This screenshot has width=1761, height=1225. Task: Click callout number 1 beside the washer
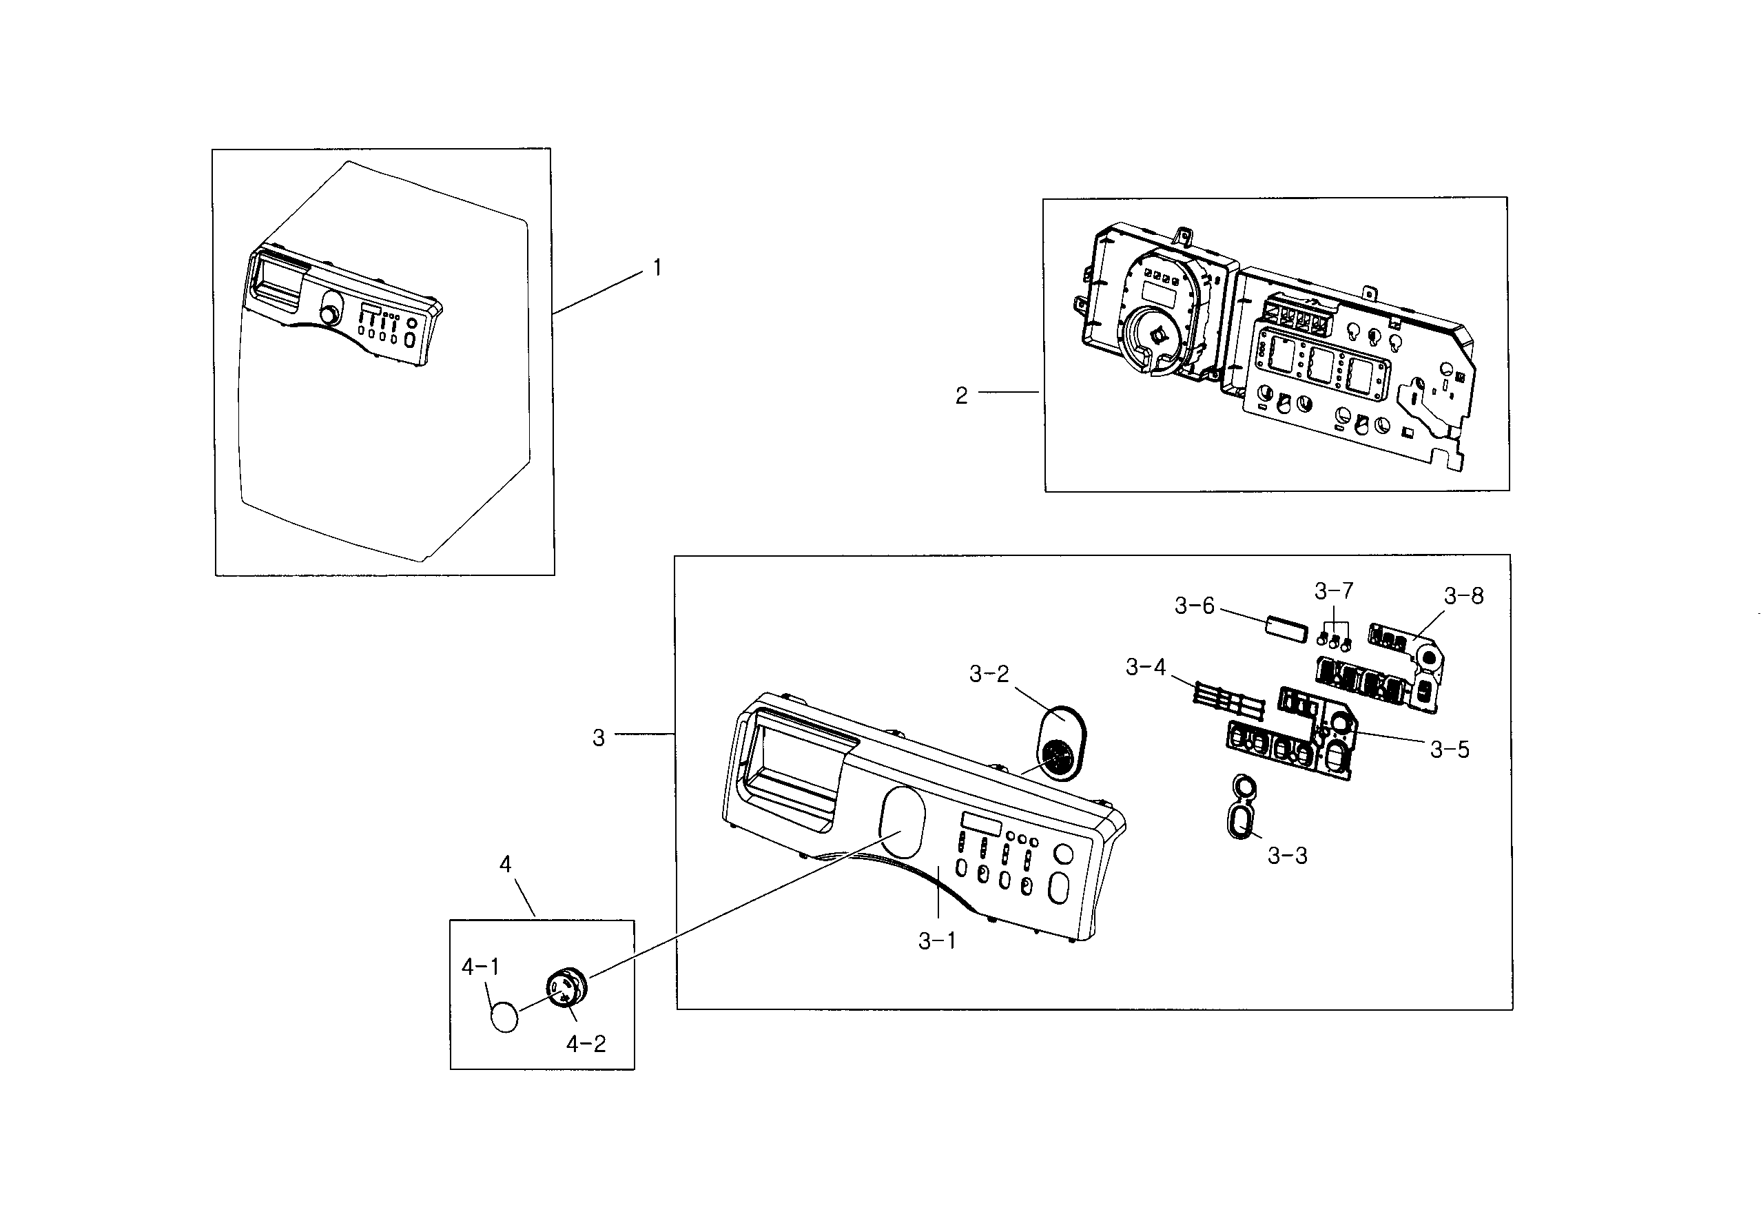(657, 268)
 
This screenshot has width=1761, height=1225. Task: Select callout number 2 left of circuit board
(961, 395)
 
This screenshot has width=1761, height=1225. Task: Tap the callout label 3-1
(936, 941)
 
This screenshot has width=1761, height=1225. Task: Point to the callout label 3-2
(989, 675)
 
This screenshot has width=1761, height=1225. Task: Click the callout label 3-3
(1287, 856)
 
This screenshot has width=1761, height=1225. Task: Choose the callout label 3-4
(1145, 668)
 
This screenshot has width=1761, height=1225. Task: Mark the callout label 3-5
(1449, 750)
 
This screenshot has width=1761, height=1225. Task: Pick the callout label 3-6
(1194, 606)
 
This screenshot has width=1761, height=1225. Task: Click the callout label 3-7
(1334, 590)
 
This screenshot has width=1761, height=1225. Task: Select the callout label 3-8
(1463, 595)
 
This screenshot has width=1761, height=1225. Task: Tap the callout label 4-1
(480, 967)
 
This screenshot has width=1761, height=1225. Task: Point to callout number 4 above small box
(505, 865)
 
